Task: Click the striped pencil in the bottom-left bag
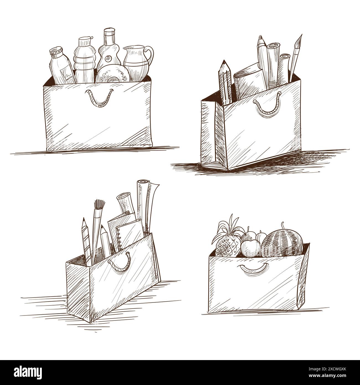[86, 241]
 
